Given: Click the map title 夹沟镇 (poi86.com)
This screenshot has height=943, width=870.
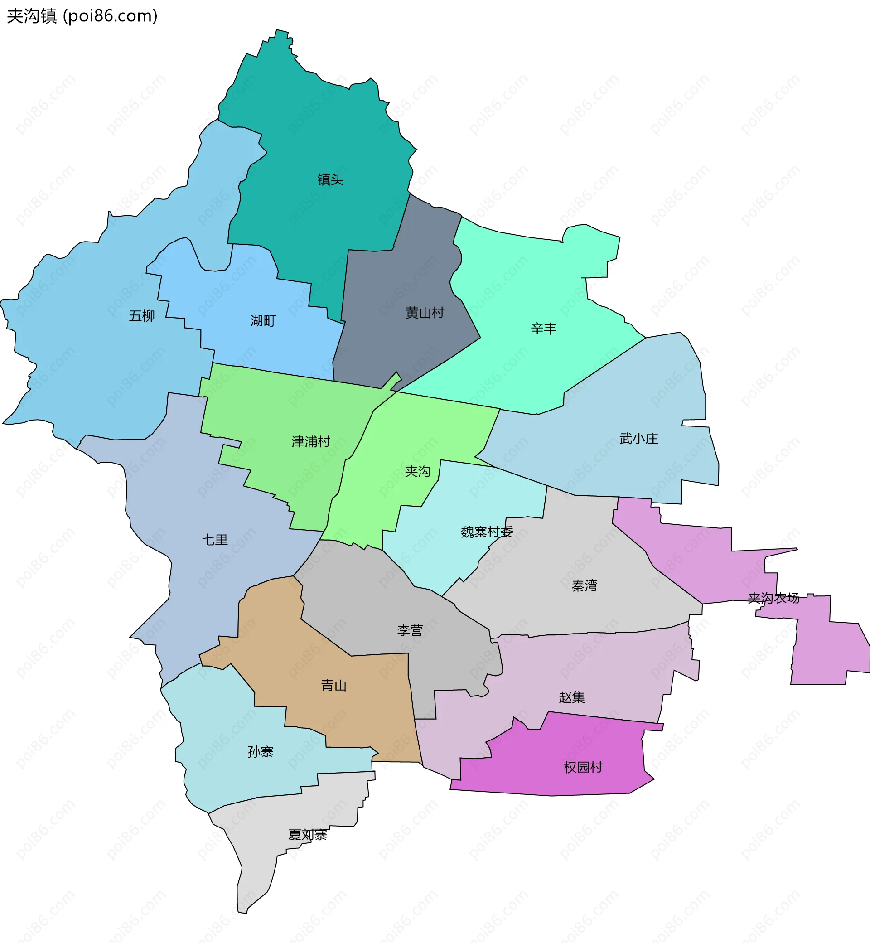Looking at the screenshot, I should point(82,16).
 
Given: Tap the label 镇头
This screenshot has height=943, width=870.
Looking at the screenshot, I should point(330,179).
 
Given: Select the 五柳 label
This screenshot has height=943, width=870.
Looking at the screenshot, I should point(142,315).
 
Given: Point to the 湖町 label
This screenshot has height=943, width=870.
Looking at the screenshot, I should point(263,321).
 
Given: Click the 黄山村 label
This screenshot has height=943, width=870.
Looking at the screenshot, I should point(425,313).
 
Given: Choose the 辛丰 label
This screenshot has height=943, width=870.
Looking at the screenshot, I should point(543,328).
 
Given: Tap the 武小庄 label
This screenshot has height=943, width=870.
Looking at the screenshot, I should point(638,438).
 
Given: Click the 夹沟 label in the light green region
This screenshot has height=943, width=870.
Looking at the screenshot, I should point(417,471).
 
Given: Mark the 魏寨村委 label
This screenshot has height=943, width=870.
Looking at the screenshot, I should point(487,532).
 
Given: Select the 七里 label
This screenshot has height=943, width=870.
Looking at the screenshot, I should point(215,540).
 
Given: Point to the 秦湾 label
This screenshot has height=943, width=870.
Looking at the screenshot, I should point(584,585).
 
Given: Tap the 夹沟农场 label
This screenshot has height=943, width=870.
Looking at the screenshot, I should point(773,598).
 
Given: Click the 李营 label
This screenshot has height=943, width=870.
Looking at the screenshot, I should point(410,630).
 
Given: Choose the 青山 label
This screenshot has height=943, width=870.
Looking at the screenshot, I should point(334,685).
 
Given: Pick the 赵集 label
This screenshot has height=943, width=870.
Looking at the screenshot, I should point(571,697).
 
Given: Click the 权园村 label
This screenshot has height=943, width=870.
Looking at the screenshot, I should point(583,767).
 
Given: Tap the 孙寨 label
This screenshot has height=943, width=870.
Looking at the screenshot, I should point(261,751).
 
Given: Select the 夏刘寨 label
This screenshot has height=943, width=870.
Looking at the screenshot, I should point(307,835).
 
